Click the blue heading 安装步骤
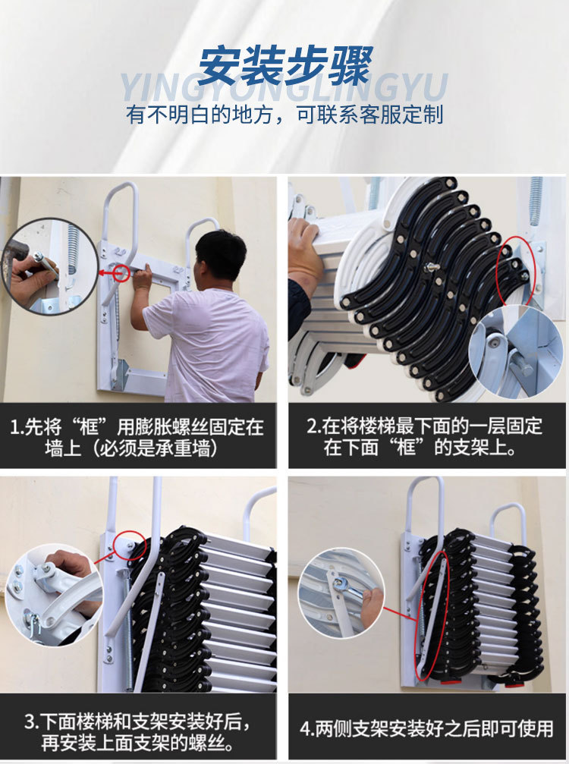click(285, 66)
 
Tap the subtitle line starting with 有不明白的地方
click(285, 115)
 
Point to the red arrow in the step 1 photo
click(109, 272)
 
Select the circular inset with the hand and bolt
click(49, 266)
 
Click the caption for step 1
click(137, 437)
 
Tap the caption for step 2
click(425, 436)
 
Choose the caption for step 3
click(137, 731)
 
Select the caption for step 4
click(426, 729)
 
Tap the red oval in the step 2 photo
click(516, 270)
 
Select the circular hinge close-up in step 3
click(55, 595)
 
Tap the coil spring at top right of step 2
click(536, 200)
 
